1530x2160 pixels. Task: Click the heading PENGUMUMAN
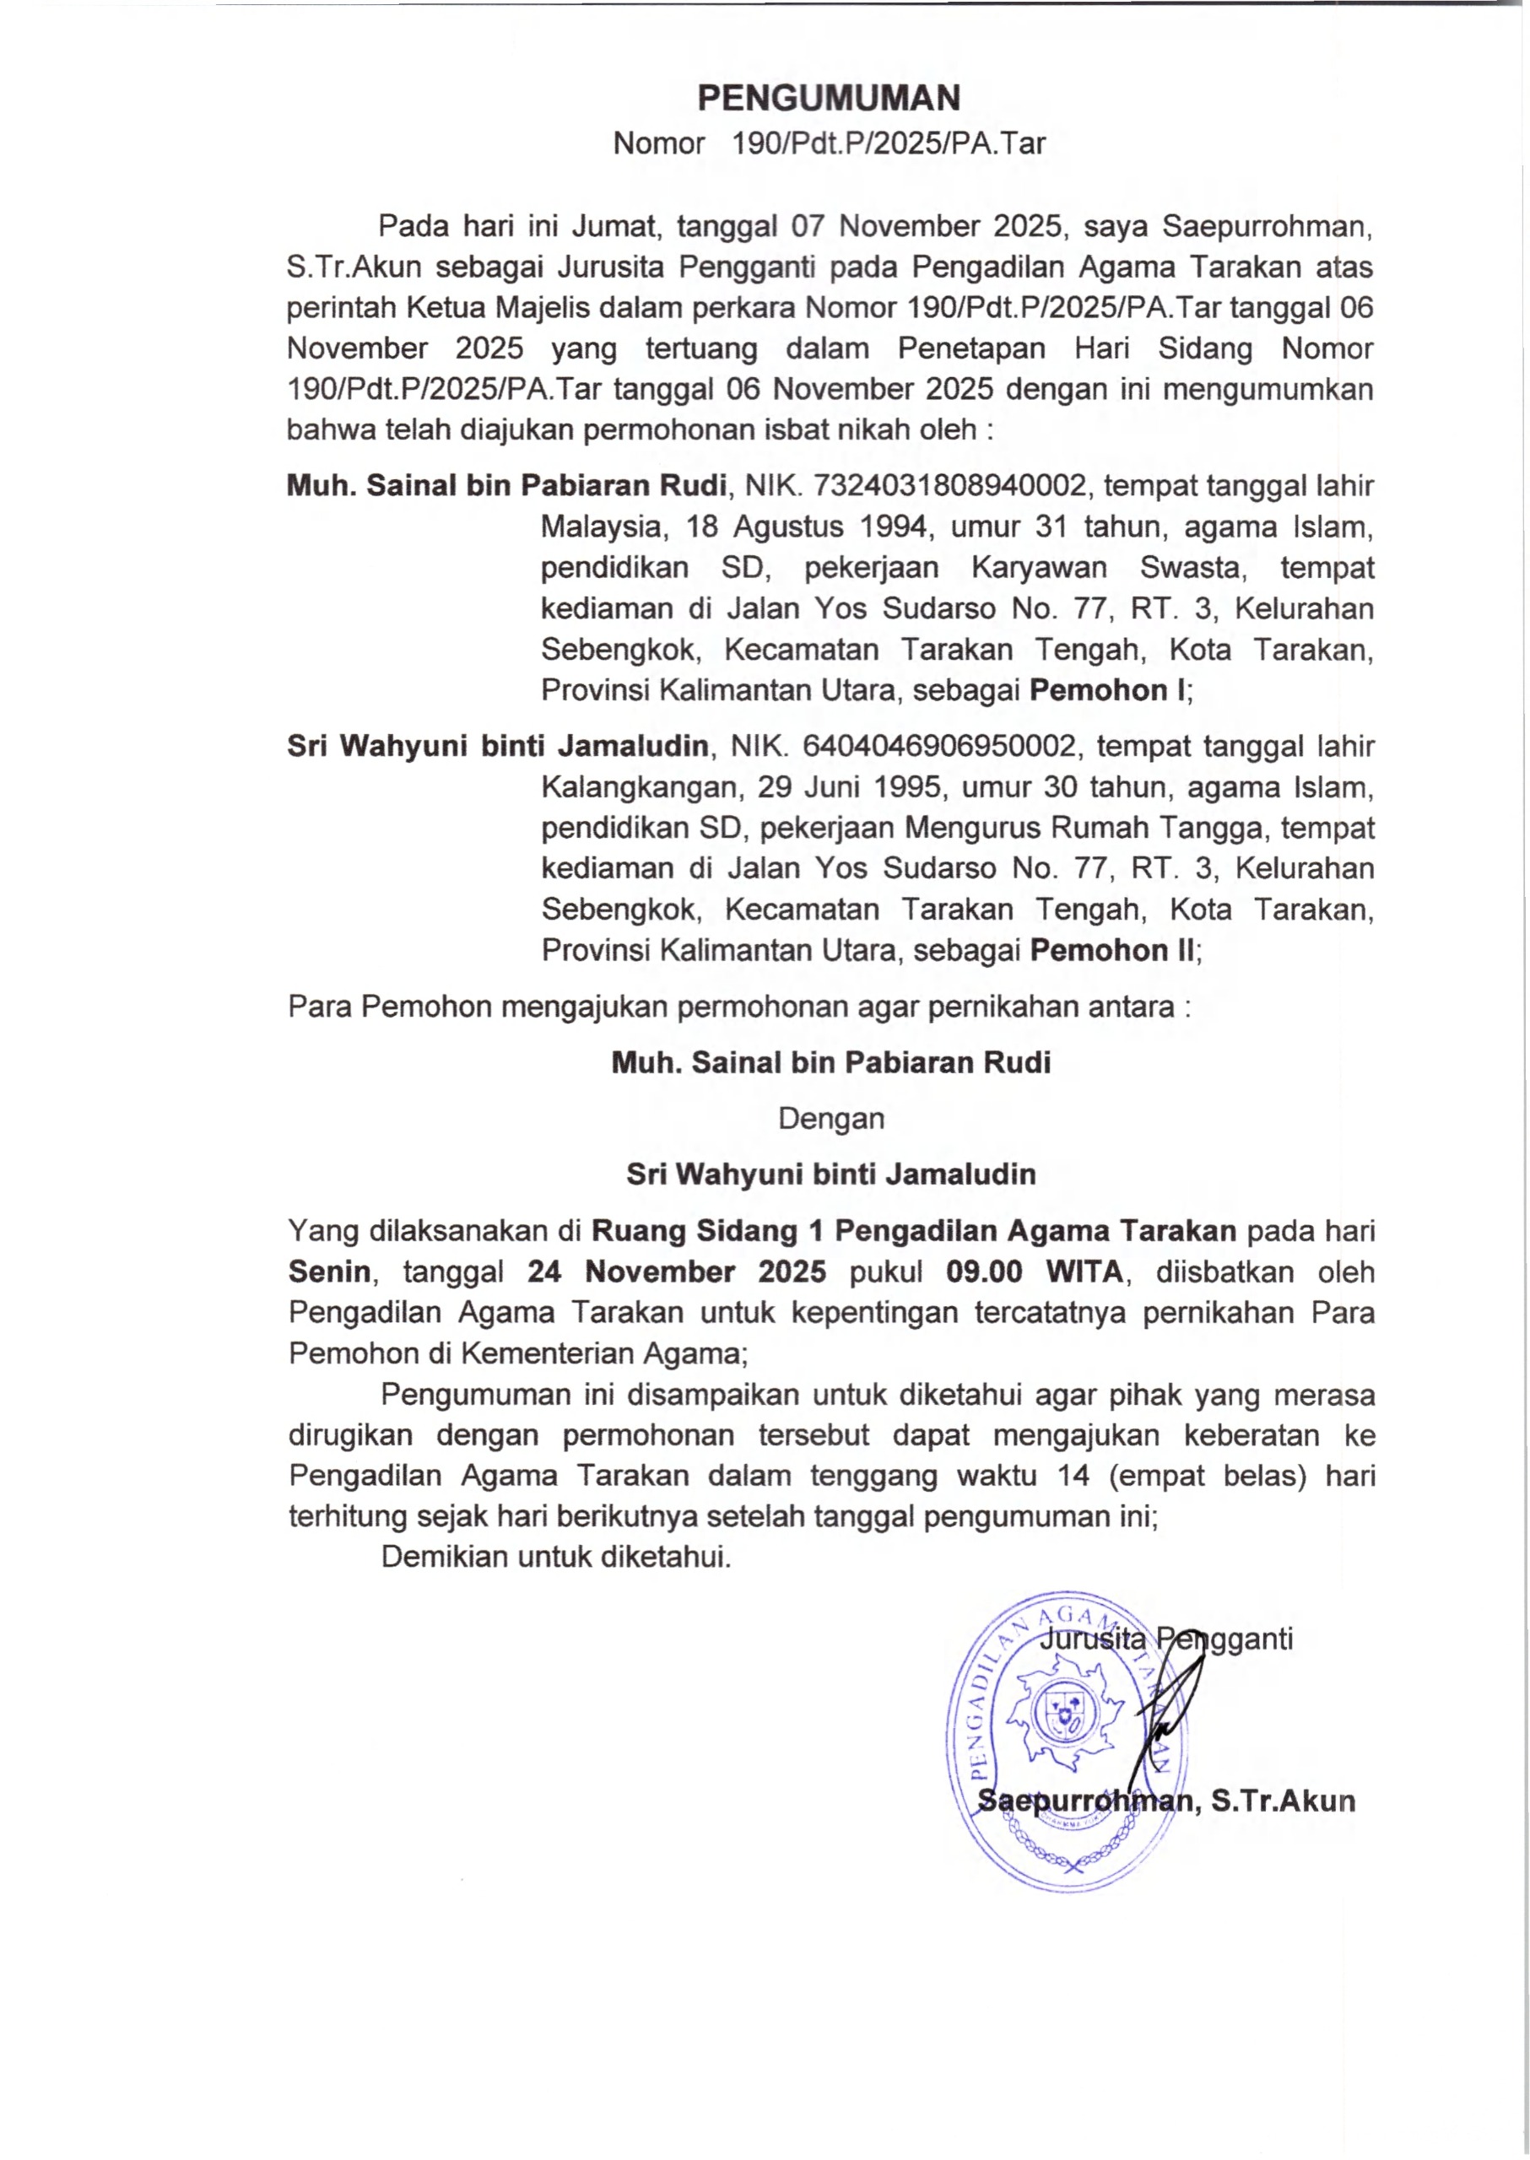(x=828, y=98)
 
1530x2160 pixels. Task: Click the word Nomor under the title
(x=658, y=143)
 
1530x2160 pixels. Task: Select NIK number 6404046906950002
(x=938, y=746)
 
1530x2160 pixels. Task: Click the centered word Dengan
(x=831, y=1118)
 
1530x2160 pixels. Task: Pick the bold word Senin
(x=330, y=1272)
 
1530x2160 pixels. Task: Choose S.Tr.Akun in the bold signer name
(x=1284, y=1801)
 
